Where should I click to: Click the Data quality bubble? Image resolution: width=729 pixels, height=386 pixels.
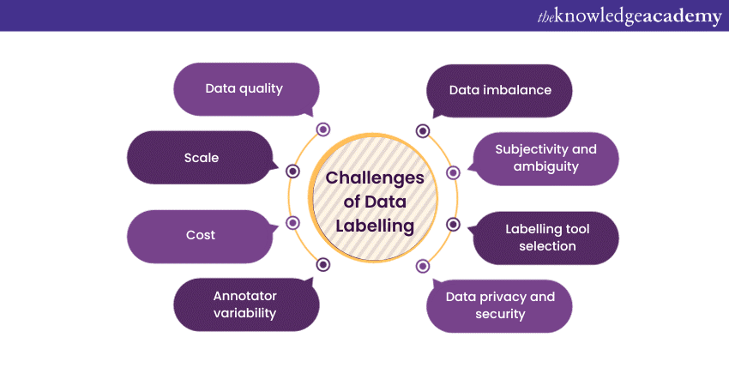[x=244, y=88]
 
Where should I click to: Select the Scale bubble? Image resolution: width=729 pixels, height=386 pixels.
[x=201, y=158]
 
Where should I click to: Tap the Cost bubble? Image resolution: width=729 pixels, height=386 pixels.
[x=201, y=235]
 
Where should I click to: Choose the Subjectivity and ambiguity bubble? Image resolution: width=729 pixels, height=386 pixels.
[x=545, y=158]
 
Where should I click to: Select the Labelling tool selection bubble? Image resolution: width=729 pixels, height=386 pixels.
[x=545, y=238]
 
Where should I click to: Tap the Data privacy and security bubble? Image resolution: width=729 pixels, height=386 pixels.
[x=500, y=305]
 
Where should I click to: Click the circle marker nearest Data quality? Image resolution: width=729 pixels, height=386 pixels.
[x=322, y=130]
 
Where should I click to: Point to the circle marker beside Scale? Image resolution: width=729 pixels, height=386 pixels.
[x=292, y=172]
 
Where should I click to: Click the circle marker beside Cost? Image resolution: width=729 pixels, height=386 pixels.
[x=292, y=223]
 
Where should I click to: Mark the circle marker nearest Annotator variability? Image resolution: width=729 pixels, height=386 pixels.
[x=322, y=265]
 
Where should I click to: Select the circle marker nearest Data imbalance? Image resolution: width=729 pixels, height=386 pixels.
[x=422, y=131]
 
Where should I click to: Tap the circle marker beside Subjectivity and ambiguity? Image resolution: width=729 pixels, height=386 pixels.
[x=453, y=172]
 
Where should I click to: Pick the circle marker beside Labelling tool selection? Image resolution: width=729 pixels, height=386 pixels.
[x=453, y=224]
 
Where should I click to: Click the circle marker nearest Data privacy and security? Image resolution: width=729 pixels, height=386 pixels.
[x=422, y=266]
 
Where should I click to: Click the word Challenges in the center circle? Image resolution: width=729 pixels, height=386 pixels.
[x=375, y=178]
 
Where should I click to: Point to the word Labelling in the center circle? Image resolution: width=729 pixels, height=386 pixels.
[x=375, y=226]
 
